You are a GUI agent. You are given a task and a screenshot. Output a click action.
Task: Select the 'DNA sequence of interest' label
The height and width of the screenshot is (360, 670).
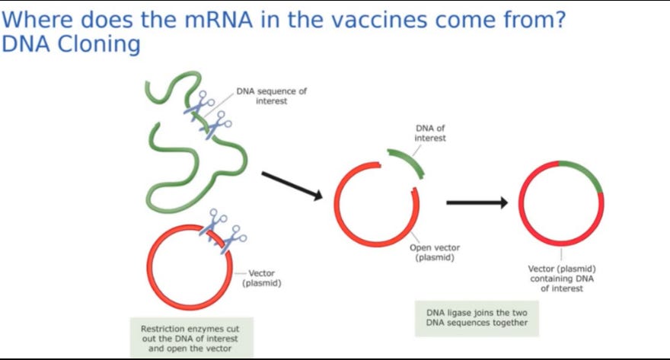[x=271, y=96]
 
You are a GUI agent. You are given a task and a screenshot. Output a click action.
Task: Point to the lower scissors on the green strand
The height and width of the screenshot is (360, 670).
[x=218, y=125]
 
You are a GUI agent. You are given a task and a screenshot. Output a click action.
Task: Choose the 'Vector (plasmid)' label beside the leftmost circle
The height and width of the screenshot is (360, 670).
[x=262, y=278]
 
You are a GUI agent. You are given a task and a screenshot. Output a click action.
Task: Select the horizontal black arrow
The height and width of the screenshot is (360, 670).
[x=477, y=202]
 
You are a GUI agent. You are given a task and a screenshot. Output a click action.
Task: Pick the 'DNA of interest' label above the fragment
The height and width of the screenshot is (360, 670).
[x=430, y=133]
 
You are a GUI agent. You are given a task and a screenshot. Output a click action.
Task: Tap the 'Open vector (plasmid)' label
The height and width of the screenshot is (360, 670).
[x=435, y=252]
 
